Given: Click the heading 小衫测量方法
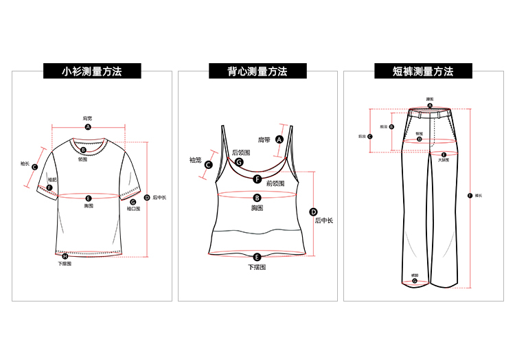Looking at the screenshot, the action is [x=92, y=71].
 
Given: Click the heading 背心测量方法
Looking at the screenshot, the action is [x=257, y=71].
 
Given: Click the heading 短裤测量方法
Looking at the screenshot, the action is [x=423, y=71].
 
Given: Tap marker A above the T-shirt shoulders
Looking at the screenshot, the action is [x=88, y=127].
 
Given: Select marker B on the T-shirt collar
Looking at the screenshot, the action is [x=83, y=150].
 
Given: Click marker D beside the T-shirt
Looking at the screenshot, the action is [x=147, y=198].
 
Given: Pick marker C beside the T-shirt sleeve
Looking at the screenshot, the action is [x=34, y=167].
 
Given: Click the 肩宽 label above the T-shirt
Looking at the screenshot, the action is [x=88, y=118].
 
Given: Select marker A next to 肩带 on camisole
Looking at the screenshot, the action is [x=279, y=139].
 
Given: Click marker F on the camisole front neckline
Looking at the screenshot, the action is [x=257, y=179].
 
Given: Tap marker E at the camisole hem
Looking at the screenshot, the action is [x=257, y=257].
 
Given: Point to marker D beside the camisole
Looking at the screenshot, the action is [x=314, y=212].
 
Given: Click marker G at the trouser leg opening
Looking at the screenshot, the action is [x=415, y=281].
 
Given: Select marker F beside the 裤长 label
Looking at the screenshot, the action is [x=470, y=196].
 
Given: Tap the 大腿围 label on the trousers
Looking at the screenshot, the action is [x=444, y=160].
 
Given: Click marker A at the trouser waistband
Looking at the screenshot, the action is [x=430, y=106].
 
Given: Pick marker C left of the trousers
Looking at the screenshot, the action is [x=370, y=136].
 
